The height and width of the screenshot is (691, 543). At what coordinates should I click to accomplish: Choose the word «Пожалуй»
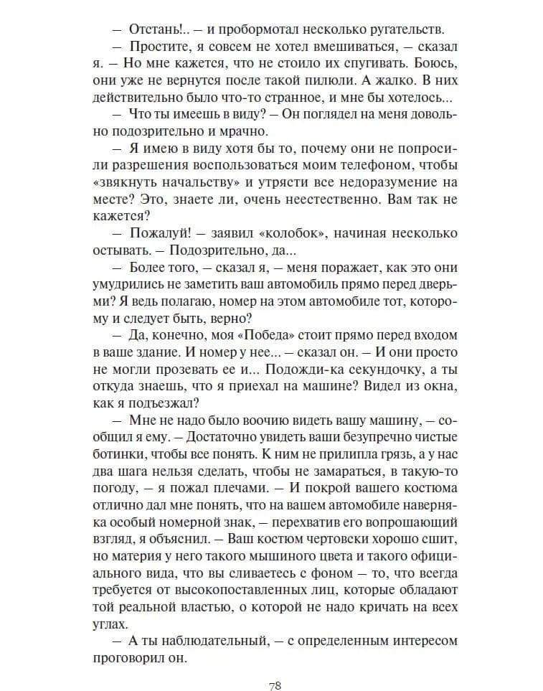(157, 234)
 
